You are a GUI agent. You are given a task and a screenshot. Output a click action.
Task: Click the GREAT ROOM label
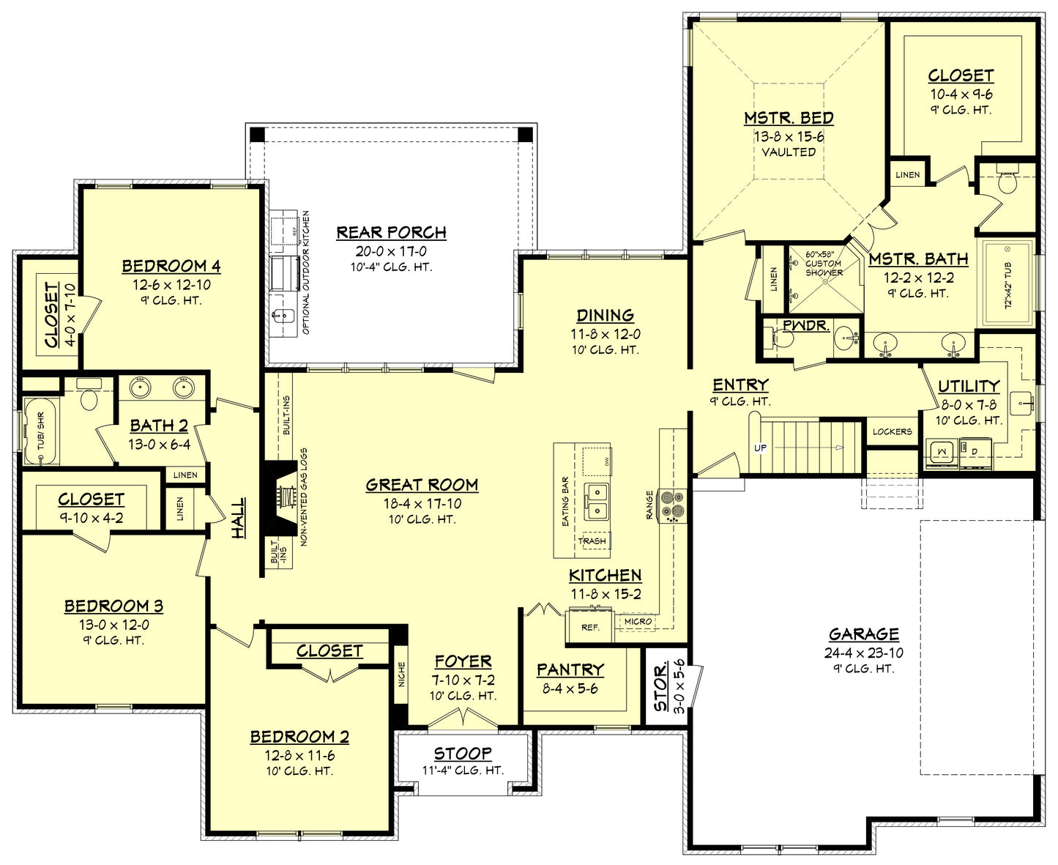(x=422, y=485)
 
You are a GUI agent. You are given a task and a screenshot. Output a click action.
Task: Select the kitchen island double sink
(x=597, y=501)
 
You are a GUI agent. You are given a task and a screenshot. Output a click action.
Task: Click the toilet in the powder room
(x=779, y=339)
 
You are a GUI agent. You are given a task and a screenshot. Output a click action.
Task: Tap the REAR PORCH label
(x=391, y=233)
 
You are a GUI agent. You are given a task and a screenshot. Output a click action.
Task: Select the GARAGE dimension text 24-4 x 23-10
(x=864, y=653)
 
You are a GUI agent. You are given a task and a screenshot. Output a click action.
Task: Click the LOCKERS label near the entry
(x=892, y=432)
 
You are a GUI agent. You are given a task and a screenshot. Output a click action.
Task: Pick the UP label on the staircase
(x=761, y=448)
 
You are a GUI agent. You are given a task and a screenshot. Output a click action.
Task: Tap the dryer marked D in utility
(x=975, y=452)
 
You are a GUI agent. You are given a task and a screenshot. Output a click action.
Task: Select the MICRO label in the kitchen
(x=638, y=622)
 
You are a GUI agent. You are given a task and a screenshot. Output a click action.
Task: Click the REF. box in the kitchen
(x=590, y=627)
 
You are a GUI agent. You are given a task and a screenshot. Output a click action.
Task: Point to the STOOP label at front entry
(x=462, y=754)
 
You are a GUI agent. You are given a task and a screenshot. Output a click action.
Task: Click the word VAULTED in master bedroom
(x=789, y=152)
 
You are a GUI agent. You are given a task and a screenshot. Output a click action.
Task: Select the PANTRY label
(x=570, y=670)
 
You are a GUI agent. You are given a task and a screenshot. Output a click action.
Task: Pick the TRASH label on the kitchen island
(x=592, y=541)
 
